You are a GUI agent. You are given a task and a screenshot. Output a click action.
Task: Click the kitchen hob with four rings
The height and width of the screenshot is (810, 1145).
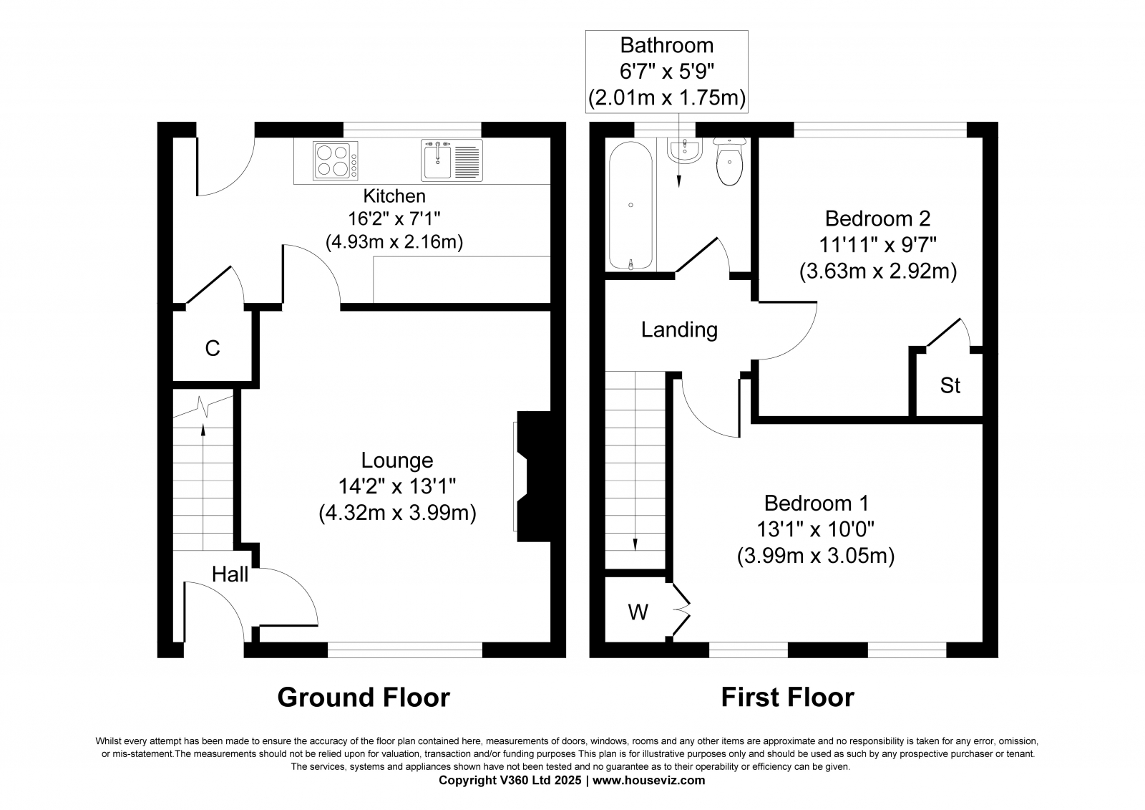(x=336, y=161)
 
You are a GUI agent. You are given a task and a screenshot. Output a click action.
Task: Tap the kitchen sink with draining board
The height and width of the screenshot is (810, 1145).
(x=452, y=160)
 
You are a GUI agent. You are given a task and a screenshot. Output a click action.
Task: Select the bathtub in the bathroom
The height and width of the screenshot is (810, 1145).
(x=630, y=206)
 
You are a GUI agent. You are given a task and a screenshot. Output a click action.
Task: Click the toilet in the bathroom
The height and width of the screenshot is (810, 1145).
(x=729, y=161)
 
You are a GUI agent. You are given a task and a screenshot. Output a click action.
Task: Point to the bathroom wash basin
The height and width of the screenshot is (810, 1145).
(x=684, y=150)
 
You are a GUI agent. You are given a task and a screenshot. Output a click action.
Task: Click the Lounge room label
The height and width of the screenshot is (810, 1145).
(x=397, y=461)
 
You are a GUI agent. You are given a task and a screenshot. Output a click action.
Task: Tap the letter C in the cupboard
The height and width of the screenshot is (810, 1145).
(x=212, y=349)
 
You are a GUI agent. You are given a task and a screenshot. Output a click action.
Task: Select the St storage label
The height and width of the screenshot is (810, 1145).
(x=950, y=385)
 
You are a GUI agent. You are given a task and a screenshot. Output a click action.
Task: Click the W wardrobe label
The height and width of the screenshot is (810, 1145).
(x=638, y=612)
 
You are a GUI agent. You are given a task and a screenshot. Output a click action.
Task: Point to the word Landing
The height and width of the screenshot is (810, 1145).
(x=679, y=330)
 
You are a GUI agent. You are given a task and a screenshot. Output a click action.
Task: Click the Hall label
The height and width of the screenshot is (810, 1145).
(x=230, y=574)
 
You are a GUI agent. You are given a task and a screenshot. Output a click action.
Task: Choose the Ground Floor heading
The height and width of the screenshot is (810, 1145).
(x=364, y=698)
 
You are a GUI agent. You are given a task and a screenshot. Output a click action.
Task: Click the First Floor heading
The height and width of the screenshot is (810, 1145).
(x=788, y=698)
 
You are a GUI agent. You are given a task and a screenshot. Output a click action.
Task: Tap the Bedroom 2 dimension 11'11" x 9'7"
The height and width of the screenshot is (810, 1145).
(x=878, y=245)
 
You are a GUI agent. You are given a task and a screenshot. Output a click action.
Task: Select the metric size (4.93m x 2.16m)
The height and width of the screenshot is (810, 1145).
(x=394, y=241)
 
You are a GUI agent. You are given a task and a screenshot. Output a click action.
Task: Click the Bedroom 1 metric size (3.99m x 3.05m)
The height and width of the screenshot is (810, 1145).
(x=816, y=556)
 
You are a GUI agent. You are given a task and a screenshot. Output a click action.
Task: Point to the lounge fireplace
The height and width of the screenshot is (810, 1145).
(x=533, y=476)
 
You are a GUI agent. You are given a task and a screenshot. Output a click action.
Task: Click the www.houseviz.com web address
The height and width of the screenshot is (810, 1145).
(x=648, y=780)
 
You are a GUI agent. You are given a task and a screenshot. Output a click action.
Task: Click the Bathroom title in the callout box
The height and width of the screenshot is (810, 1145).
(x=666, y=46)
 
